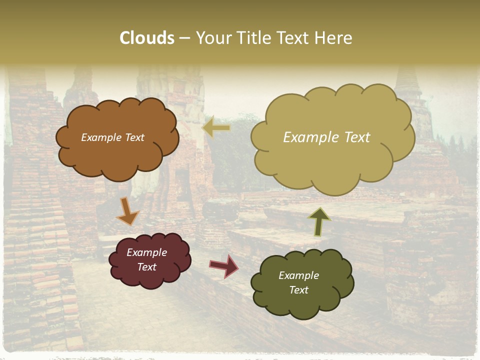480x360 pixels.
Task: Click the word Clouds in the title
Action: (x=147, y=38)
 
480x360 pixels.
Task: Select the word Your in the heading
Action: (x=211, y=38)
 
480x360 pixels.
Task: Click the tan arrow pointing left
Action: (x=216, y=128)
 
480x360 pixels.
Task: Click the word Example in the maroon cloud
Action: (x=146, y=252)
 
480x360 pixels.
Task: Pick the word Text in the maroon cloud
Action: (x=146, y=267)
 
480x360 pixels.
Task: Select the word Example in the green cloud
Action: (x=298, y=275)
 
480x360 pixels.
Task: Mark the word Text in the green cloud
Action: (x=298, y=290)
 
